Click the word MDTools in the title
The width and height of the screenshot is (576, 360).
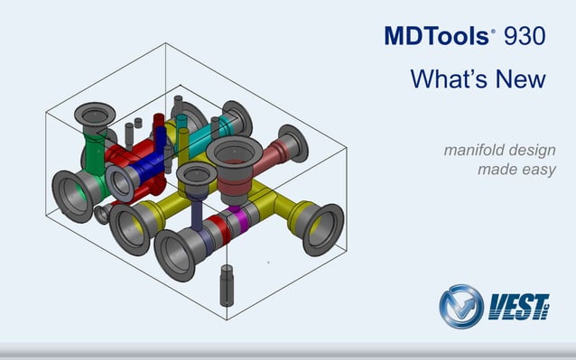tap(436, 36)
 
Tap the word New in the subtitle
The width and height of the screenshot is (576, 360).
tap(523, 78)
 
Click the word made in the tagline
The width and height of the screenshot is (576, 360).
tap(496, 169)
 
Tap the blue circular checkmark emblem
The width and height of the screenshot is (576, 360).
tap(460, 307)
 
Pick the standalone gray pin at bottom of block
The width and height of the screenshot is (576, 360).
tap(226, 284)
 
